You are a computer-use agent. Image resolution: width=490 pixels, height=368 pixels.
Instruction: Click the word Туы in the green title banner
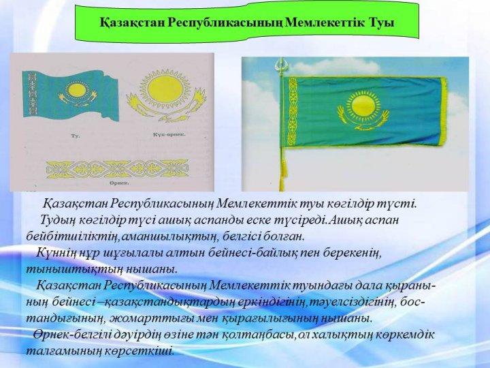pyautogui.click(x=382, y=22)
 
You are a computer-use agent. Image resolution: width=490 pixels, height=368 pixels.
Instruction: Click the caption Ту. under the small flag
pyautogui.click(x=76, y=136)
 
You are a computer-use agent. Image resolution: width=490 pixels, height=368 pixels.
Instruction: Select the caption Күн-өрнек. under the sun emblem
pyautogui.click(x=169, y=134)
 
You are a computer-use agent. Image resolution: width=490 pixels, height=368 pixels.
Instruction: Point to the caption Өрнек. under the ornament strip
pyautogui.click(x=119, y=183)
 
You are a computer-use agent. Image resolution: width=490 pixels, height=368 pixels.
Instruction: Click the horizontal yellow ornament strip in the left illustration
pyautogui.click(x=118, y=169)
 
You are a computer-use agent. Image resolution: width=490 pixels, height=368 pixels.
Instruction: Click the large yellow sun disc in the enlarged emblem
pyautogui.click(x=165, y=89)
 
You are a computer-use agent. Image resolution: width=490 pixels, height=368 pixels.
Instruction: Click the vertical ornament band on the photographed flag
pyautogui.click(x=293, y=112)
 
